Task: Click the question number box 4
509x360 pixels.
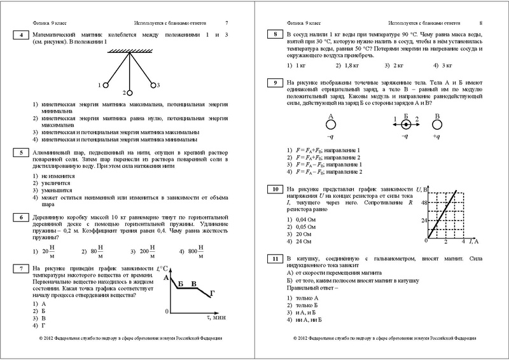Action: point(22,36)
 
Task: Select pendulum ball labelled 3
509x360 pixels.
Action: point(152,85)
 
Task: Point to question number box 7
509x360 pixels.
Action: point(22,270)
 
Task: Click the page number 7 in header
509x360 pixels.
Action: point(226,22)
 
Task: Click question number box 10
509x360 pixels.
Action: point(275,190)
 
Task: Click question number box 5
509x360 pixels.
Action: point(22,153)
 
